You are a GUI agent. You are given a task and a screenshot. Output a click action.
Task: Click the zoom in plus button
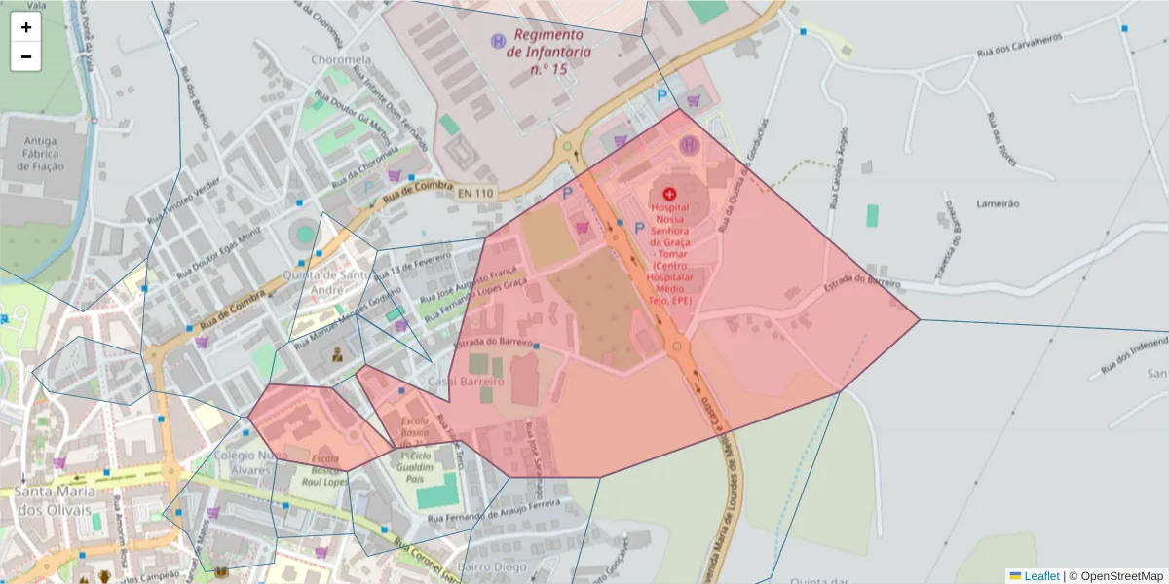[x=26, y=27]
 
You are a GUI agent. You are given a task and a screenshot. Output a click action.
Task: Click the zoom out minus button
[x=26, y=56]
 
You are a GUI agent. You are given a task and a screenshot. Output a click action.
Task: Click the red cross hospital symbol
[x=668, y=194]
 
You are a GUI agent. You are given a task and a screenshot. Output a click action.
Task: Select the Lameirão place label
[x=998, y=203]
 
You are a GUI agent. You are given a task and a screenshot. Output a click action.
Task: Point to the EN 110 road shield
[x=475, y=194]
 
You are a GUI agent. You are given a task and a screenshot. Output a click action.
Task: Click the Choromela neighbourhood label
[x=341, y=59]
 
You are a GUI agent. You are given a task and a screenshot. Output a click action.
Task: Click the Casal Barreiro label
[x=466, y=382]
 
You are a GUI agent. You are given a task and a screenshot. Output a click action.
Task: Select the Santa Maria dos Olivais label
[x=55, y=501]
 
